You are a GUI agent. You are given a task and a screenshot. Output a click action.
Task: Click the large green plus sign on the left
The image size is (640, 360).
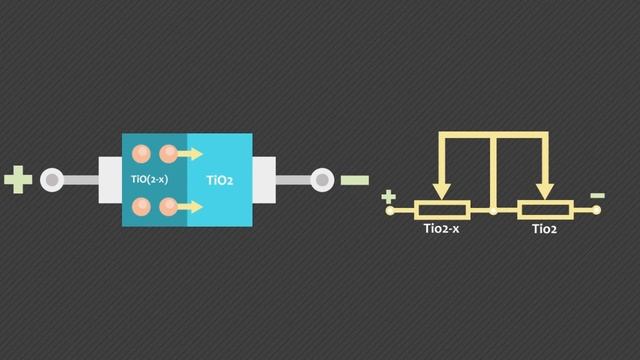click(18, 181)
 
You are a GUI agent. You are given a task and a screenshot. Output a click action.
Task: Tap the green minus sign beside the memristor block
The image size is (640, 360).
click(354, 181)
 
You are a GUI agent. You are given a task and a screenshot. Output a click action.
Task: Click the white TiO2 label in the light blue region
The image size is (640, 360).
click(220, 181)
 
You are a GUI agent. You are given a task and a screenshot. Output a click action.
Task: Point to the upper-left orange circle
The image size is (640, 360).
click(142, 154)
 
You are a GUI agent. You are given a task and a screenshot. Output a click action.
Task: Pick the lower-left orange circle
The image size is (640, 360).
click(142, 207)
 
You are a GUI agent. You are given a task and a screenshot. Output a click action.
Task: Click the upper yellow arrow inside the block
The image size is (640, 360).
click(189, 154)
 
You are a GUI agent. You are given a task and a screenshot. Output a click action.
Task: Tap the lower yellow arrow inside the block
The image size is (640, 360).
click(189, 207)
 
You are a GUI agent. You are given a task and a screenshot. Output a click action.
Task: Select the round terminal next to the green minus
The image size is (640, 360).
click(322, 180)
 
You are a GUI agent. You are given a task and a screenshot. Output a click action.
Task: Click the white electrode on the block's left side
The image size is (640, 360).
click(109, 180)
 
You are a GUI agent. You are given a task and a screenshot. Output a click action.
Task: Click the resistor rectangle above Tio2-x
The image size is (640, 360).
click(441, 211)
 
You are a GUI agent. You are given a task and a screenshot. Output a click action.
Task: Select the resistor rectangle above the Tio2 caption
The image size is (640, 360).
click(544, 211)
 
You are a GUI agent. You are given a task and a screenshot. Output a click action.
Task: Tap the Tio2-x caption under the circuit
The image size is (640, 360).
click(441, 231)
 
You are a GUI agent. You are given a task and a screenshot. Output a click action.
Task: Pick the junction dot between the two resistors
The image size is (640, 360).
click(493, 211)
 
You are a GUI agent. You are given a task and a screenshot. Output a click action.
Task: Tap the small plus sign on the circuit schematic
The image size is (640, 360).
click(389, 198)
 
